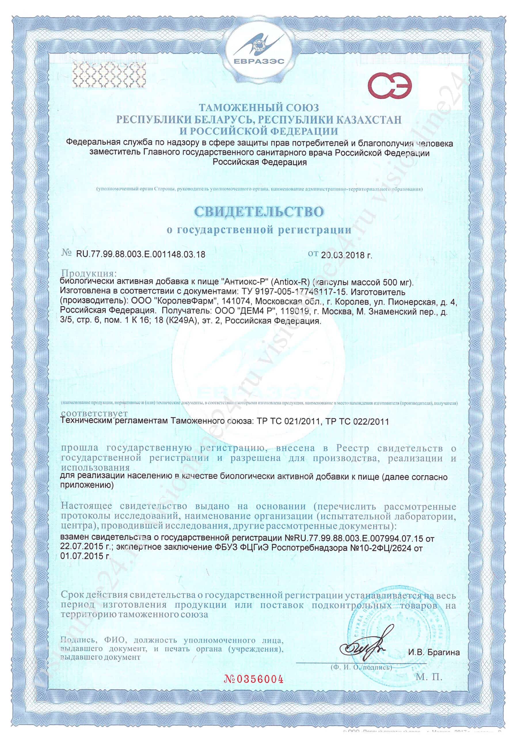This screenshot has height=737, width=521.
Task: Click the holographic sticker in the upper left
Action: click(x=109, y=75)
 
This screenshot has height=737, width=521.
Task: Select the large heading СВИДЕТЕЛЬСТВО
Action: click(x=259, y=212)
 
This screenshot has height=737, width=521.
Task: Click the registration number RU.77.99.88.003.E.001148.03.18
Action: click(x=140, y=255)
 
